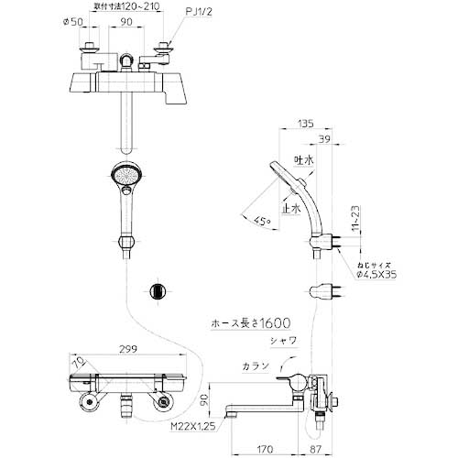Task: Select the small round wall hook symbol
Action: (158, 291)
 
